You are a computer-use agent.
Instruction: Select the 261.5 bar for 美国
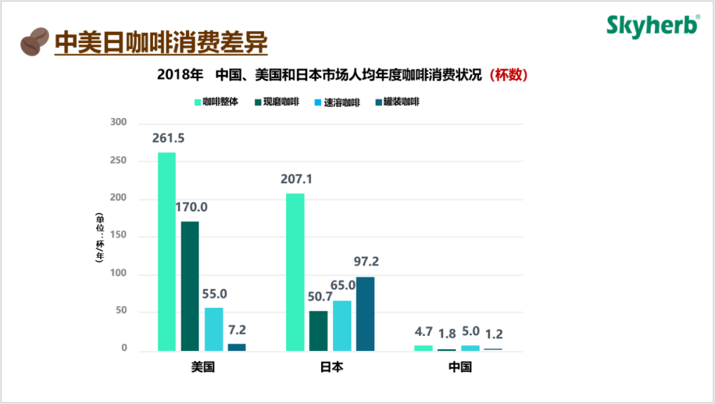tap(167, 252)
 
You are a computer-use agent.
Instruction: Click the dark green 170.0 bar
tap(190, 285)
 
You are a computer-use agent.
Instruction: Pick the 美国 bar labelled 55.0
tap(214, 328)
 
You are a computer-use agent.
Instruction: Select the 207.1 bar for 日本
tap(295, 272)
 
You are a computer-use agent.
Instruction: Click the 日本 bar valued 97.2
tap(365, 313)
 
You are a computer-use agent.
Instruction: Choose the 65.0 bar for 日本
tap(342, 325)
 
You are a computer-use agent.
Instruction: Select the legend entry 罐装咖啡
tap(397, 102)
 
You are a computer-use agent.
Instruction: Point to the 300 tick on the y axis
tap(118, 123)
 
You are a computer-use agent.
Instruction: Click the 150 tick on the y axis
tap(118, 236)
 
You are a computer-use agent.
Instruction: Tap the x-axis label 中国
tap(459, 367)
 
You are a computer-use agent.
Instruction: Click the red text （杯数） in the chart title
tap(508, 75)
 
